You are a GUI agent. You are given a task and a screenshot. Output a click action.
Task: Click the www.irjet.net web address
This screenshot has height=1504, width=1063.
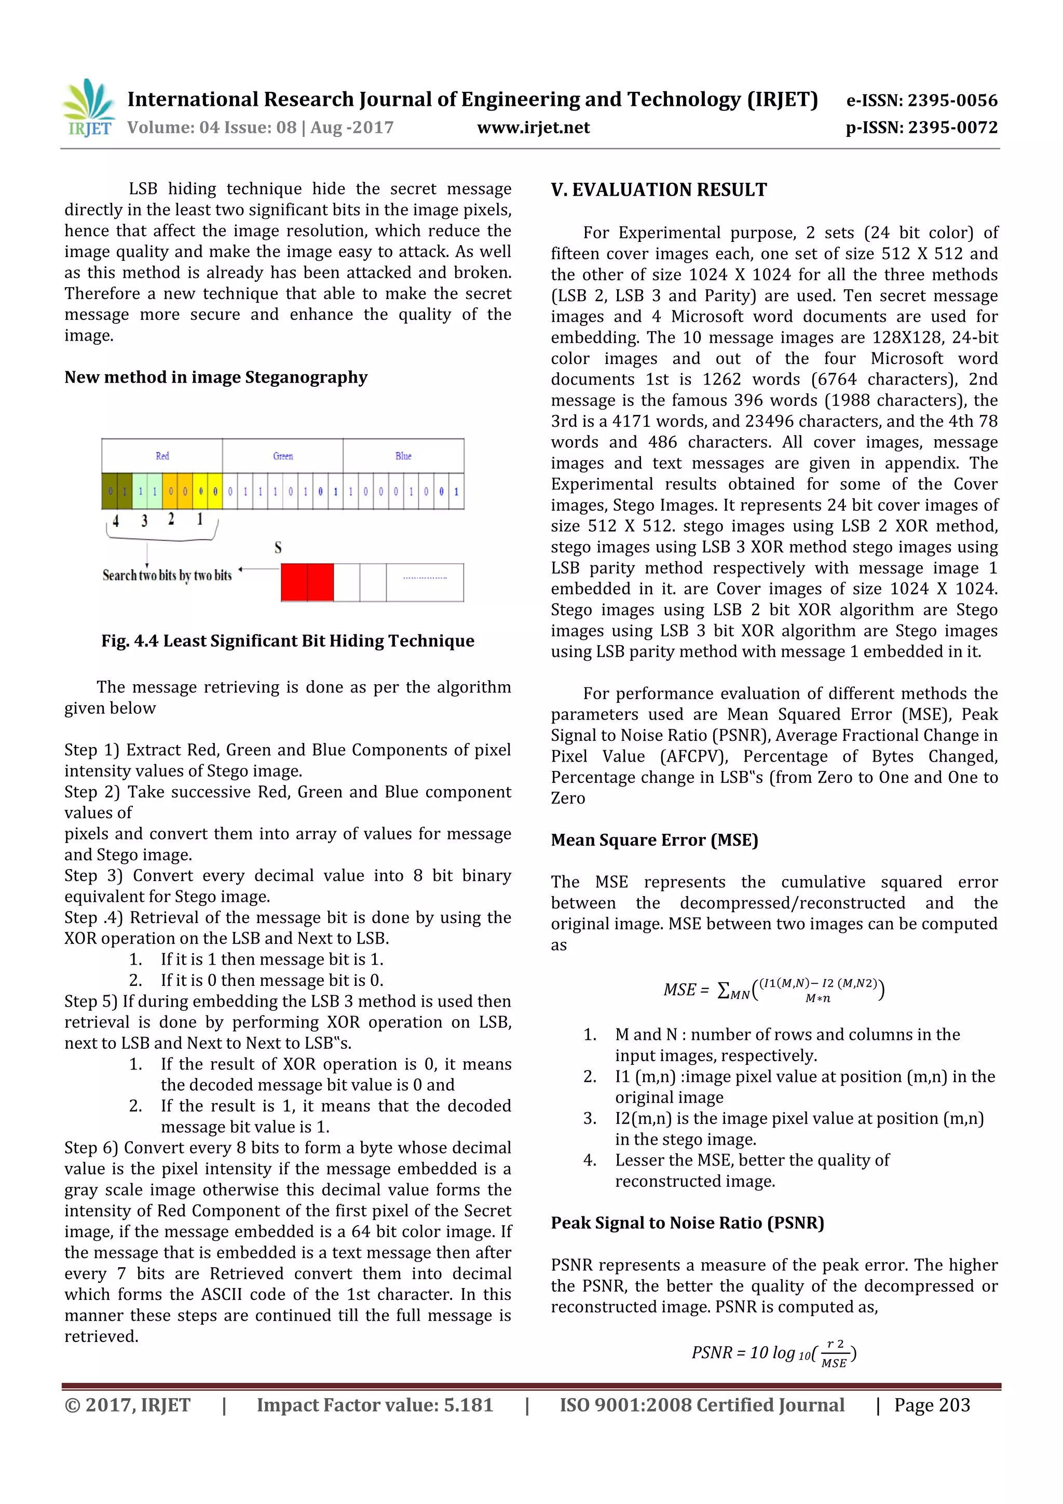point(533,128)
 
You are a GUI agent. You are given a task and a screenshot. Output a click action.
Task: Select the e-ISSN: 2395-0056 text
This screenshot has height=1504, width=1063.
point(921,100)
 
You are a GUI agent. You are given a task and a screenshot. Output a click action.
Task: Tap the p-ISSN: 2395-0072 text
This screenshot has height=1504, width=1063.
point(921,128)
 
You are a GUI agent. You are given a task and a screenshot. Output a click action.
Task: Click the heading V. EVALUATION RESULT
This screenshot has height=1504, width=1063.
point(658,190)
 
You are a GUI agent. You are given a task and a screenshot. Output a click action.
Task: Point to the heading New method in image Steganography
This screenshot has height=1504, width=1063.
point(215,377)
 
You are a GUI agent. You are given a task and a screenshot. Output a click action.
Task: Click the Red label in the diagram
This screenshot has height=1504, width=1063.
point(162,456)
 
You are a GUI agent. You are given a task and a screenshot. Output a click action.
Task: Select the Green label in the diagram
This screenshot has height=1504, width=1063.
point(283,456)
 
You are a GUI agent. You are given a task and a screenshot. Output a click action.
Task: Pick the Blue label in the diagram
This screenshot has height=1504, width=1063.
point(403,456)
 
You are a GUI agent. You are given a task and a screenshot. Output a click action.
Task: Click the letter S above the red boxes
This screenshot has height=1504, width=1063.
point(278,548)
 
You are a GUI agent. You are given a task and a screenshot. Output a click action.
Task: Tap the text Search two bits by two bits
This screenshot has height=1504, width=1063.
point(167,575)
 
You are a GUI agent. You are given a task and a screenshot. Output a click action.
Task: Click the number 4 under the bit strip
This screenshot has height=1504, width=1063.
point(115,521)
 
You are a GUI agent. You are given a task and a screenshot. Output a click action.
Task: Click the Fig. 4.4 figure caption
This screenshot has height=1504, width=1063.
point(288,641)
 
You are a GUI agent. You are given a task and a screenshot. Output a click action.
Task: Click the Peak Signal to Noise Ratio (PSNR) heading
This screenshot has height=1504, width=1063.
point(687,1223)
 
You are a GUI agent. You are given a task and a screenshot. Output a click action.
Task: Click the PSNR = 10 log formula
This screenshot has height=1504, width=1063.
point(773,1353)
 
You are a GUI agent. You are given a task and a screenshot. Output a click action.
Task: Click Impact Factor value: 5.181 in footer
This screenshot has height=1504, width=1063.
point(374,1405)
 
